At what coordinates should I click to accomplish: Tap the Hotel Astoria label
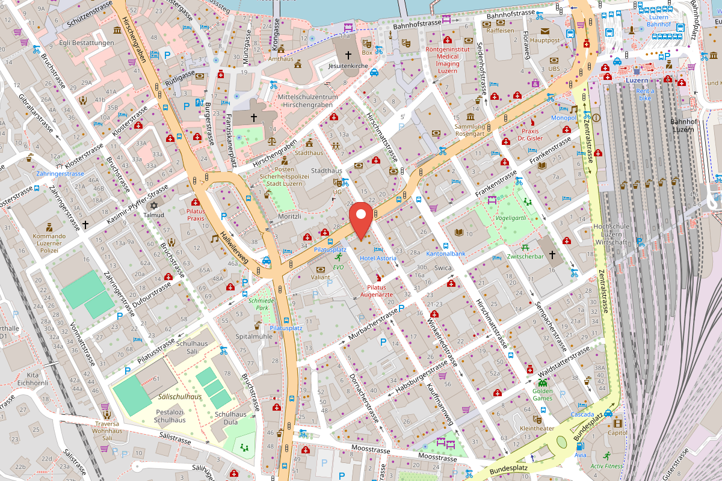(378, 258)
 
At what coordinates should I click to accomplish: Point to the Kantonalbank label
(446, 254)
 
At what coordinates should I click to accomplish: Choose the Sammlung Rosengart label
(469, 130)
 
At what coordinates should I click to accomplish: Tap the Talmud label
(154, 215)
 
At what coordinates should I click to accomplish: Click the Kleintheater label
(536, 429)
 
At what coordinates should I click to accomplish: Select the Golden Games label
(543, 394)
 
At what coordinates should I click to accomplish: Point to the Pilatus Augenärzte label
(377, 291)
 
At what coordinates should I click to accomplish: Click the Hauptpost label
(545, 40)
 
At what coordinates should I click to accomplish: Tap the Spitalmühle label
(255, 336)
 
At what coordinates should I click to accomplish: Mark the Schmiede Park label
(261, 304)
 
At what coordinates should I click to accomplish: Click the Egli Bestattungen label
(87, 43)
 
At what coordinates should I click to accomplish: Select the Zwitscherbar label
(525, 256)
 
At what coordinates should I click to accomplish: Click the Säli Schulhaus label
(192, 347)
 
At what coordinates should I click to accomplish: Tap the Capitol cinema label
(617, 432)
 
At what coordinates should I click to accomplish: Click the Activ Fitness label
(606, 466)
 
